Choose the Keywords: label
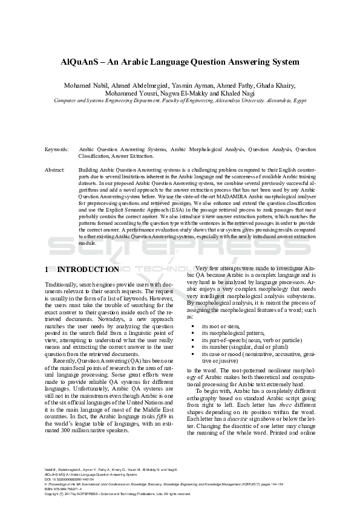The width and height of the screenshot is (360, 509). pyautogui.click(x=57, y=148)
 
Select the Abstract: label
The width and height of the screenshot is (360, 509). pyautogui.click(x=55, y=170)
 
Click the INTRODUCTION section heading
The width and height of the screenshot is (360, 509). pyautogui.click(x=87, y=269)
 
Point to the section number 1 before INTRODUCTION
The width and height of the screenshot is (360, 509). pyautogui.click(x=48, y=269)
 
